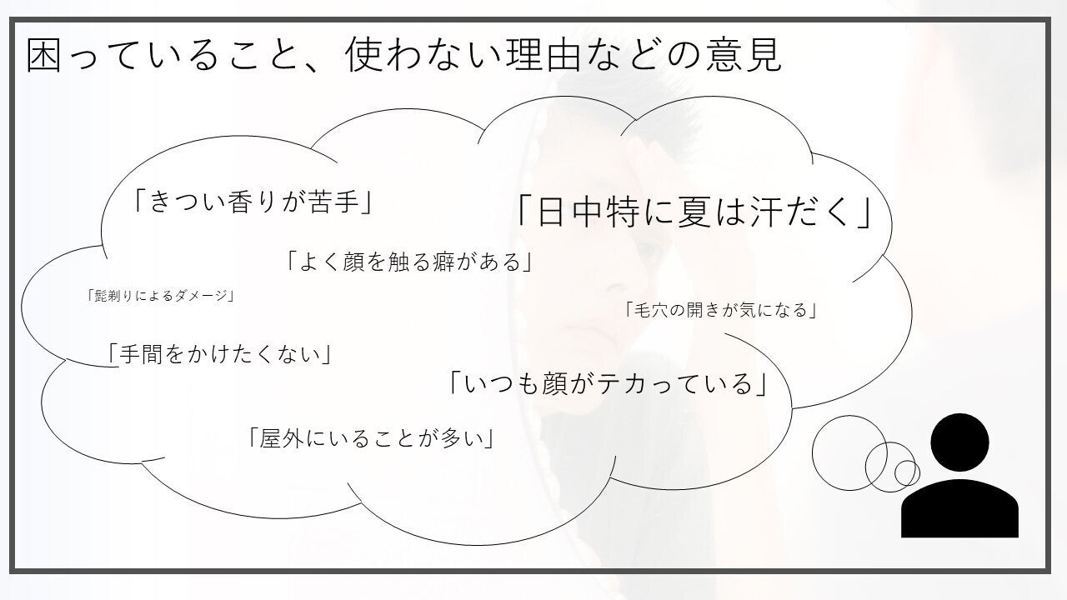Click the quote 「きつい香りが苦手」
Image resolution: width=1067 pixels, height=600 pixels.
point(253,202)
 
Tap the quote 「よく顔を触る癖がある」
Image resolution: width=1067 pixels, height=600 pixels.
point(409,262)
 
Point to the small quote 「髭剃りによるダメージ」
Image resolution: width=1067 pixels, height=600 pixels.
point(161,296)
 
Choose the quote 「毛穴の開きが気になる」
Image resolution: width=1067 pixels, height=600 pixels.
point(722,310)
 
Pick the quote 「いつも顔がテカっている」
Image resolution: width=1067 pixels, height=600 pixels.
point(609,384)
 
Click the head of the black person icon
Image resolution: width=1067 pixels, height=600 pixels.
point(959,442)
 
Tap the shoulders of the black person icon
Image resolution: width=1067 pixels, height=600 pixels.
point(959,508)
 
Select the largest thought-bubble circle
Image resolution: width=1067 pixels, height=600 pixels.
point(813,452)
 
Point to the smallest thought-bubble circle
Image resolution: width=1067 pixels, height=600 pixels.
point(895,472)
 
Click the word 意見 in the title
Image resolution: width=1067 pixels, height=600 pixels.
point(744,55)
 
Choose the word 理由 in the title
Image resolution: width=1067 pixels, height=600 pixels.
point(543,55)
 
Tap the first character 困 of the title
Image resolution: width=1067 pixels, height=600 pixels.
point(44,55)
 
